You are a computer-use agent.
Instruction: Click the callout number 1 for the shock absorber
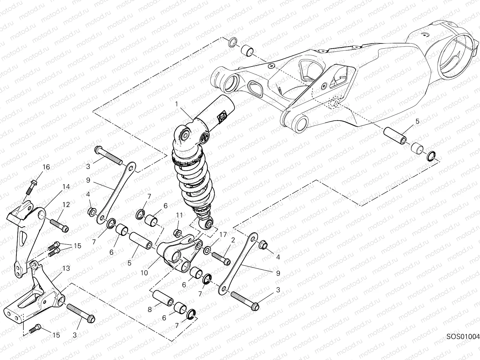pos(177,104)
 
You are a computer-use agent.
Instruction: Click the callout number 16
pos(46,167)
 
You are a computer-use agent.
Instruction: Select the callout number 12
pos(66,205)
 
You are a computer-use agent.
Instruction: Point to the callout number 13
pos(66,268)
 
